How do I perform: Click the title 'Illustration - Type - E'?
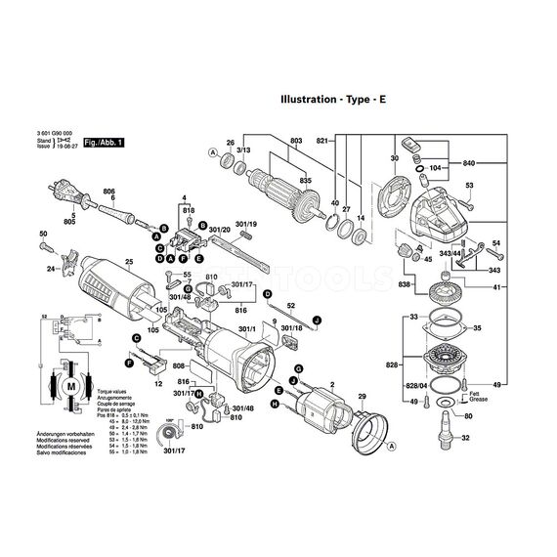pos(339,100)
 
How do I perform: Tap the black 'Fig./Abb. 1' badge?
pos(105,142)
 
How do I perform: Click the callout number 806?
pos(109,193)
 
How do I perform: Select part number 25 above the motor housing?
pos(129,262)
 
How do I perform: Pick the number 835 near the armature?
pos(307,180)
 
